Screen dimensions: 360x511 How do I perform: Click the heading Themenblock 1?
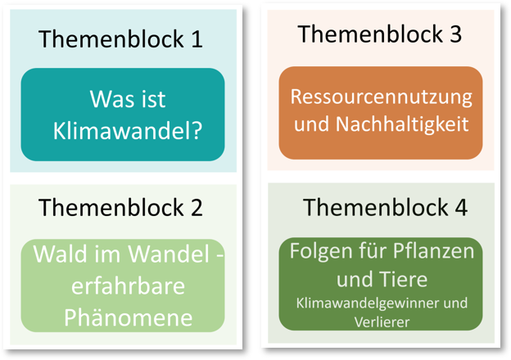click(x=120, y=38)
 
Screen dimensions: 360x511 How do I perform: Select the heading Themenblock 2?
click(x=120, y=207)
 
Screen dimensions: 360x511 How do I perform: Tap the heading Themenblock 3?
click(x=379, y=34)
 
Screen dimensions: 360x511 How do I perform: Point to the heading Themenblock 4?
click(x=385, y=207)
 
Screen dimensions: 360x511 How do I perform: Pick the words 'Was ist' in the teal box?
click(x=128, y=100)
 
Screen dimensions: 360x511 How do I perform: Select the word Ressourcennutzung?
click(x=382, y=97)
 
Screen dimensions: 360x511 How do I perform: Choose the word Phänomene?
click(x=123, y=317)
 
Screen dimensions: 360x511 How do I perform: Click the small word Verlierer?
click(x=382, y=322)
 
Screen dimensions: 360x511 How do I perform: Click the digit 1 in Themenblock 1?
click(x=196, y=38)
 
